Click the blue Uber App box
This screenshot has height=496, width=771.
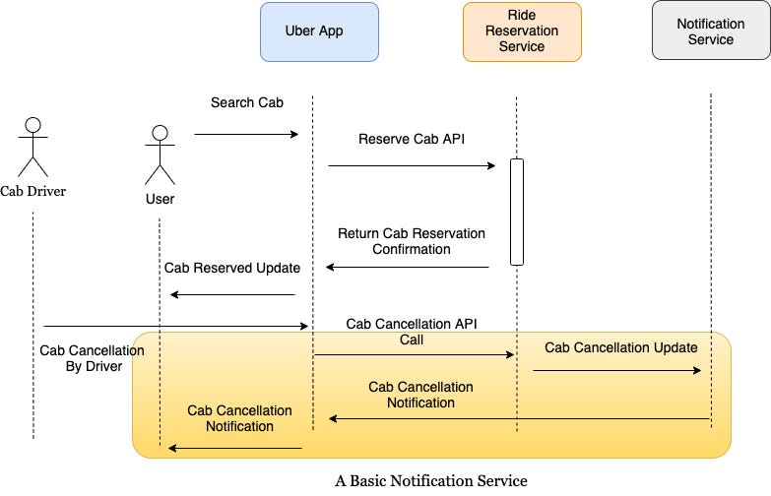(x=318, y=31)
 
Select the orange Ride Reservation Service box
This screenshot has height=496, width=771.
(x=522, y=31)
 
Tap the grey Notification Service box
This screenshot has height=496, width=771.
(x=710, y=31)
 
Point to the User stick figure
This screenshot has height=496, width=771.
(x=160, y=155)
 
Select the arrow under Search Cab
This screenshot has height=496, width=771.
(x=246, y=134)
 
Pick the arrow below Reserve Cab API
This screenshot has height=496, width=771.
(x=412, y=166)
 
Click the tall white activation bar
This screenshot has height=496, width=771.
(x=516, y=212)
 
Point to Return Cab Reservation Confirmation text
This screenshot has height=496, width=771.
(x=412, y=241)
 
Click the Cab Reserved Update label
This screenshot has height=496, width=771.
(x=232, y=268)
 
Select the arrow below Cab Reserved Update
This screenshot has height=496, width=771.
(x=232, y=294)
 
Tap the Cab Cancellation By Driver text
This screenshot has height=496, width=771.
(x=82, y=358)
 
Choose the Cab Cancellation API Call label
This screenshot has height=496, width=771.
(x=412, y=331)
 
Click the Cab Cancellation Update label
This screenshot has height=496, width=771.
(x=621, y=347)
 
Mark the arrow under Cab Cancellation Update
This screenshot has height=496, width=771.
(x=616, y=371)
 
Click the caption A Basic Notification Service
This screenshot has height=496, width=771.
(x=431, y=480)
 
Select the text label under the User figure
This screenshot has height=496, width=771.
(x=160, y=199)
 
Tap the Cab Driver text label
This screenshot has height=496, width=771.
(x=33, y=191)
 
